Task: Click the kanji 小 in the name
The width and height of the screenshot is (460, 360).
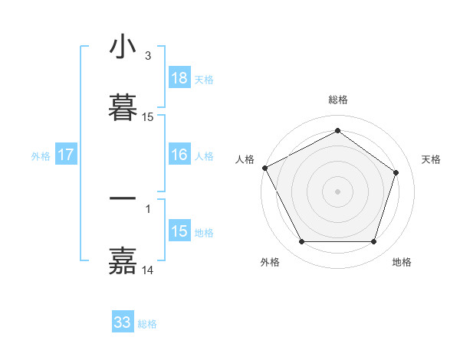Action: tap(123, 47)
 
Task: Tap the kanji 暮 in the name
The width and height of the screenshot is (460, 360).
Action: tap(123, 108)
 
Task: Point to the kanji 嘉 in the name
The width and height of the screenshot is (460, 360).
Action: tap(123, 260)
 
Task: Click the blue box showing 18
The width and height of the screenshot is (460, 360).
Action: tap(179, 78)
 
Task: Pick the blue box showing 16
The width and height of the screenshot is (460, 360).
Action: tap(179, 155)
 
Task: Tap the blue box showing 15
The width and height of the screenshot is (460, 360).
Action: tap(179, 231)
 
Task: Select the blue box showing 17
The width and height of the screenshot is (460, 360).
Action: tap(66, 155)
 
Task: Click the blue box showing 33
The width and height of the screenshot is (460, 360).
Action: tap(123, 322)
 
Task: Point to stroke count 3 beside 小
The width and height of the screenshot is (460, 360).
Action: tap(147, 56)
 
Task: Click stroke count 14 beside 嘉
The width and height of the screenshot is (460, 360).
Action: tap(148, 270)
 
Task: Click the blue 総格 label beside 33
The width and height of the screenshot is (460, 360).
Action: tap(147, 324)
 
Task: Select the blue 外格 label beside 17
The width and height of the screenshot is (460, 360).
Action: tap(41, 155)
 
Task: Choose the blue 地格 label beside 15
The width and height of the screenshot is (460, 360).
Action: tap(204, 233)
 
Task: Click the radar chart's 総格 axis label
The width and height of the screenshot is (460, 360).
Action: tap(338, 100)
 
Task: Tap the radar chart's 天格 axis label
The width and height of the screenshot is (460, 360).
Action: tap(431, 159)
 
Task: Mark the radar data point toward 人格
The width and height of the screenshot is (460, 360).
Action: tap(264, 168)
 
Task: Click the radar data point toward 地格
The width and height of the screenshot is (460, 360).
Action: tap(373, 242)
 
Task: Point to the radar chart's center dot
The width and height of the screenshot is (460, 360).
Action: tap(338, 191)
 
